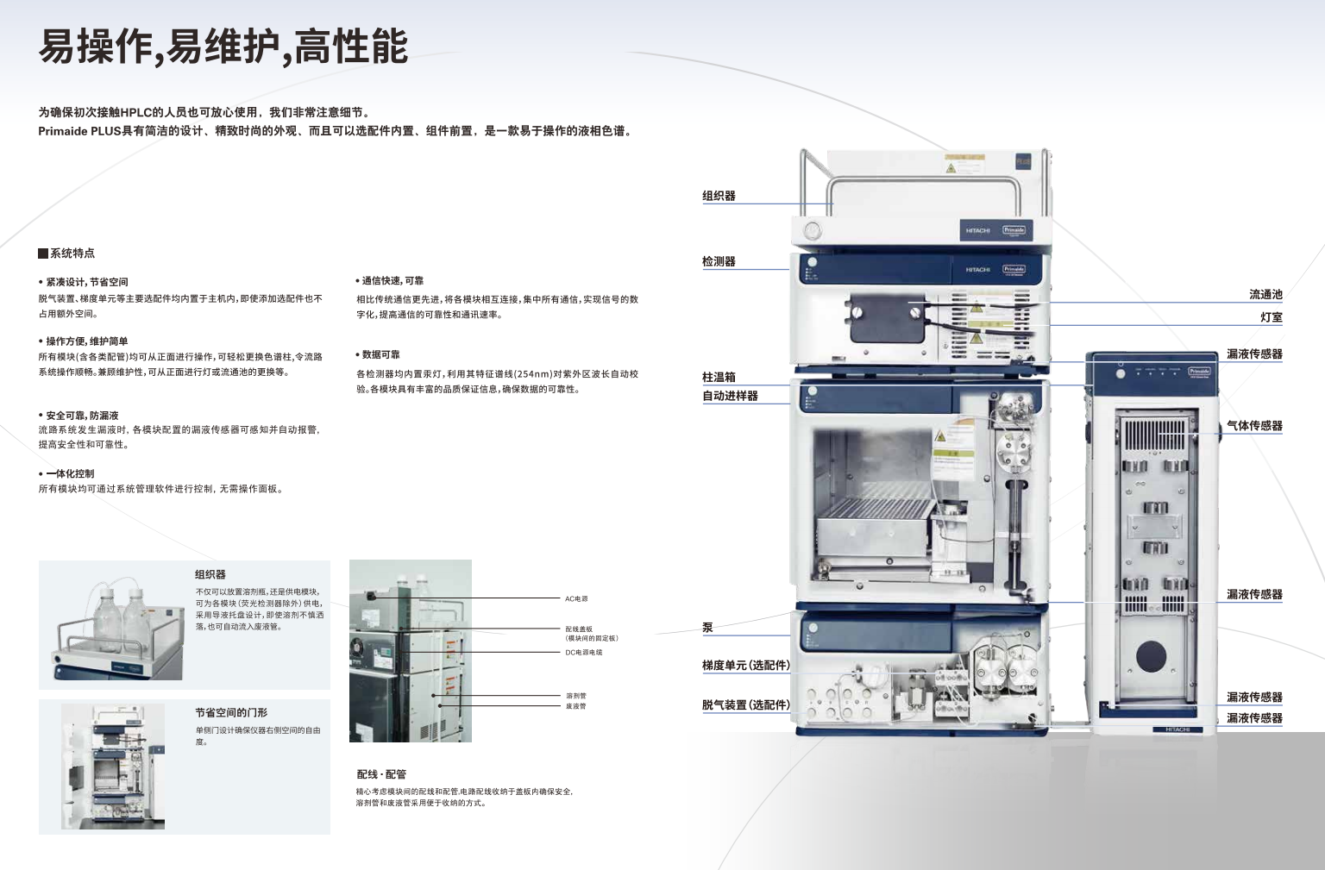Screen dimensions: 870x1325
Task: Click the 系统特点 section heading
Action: tap(72, 253)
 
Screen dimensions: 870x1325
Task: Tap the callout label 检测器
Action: tap(719, 261)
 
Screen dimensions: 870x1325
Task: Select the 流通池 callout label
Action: tap(1265, 295)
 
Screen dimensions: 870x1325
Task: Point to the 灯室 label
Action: tap(1271, 317)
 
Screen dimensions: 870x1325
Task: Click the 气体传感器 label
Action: tap(1254, 426)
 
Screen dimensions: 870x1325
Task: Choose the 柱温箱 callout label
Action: tap(719, 377)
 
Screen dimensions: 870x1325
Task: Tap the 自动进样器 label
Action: tap(730, 396)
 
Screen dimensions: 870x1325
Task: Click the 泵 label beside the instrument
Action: tap(707, 628)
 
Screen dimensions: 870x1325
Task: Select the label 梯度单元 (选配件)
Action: tap(745, 665)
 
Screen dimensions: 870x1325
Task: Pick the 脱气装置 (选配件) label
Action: tap(745, 704)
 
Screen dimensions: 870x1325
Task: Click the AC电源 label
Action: tap(576, 598)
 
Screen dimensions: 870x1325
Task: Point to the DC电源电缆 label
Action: tap(584, 653)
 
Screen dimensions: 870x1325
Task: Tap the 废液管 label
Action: tap(576, 706)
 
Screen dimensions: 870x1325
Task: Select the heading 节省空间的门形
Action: tap(231, 713)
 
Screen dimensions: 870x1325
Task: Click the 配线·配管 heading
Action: tap(381, 774)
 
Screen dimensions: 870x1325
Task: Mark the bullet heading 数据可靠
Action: tap(380, 354)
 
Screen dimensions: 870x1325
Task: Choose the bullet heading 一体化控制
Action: tap(70, 473)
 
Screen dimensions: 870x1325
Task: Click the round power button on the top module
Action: tap(812, 230)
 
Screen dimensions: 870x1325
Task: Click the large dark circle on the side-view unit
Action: tap(1151, 656)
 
